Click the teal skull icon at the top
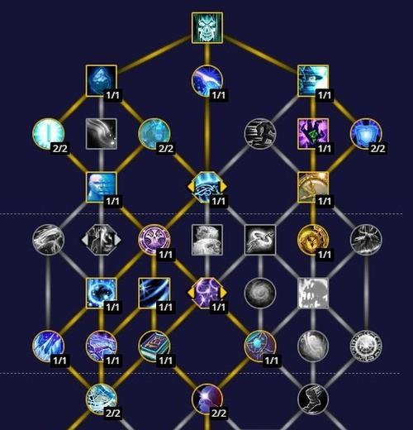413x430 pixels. tap(207, 27)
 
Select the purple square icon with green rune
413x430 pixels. tap(313, 134)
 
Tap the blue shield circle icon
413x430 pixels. tap(366, 134)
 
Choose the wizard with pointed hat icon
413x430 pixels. tap(313, 81)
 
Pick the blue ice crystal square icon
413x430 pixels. tap(102, 81)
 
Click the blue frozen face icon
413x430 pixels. tap(102, 187)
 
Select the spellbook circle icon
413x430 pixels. tap(154, 346)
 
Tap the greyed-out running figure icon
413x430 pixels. tap(260, 134)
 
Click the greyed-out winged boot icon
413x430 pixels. tap(313, 399)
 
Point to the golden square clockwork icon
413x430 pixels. tap(313, 187)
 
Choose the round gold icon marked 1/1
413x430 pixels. tap(313, 240)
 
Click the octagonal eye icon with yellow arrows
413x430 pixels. tap(207, 187)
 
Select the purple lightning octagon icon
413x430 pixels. tap(207, 293)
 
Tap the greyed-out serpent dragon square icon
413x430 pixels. tap(260, 240)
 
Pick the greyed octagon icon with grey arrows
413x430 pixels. tap(102, 240)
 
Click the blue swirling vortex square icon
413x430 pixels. tap(102, 293)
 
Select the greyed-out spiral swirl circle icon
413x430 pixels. tap(260, 293)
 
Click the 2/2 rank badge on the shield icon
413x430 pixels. tap(377, 149)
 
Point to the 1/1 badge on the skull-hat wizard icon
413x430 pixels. tap(325, 95)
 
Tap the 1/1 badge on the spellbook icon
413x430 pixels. tap(165, 361)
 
